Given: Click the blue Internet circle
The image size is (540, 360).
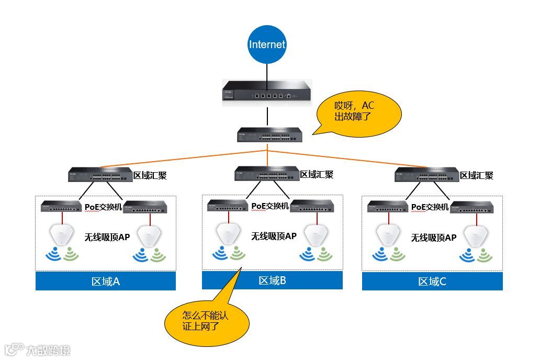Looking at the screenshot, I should point(267,44).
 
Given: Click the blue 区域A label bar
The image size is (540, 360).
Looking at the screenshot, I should point(106,282).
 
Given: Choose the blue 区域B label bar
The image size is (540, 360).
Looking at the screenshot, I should point(272,280).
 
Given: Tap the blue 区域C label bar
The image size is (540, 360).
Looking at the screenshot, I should point(432,282).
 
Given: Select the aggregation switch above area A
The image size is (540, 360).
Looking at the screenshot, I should point(100,174).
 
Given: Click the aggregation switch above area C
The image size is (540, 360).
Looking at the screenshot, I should point(426,175).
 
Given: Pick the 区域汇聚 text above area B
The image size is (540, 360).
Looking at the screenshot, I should point(317,174).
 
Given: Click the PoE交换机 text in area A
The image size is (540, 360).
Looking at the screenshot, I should point(103,207).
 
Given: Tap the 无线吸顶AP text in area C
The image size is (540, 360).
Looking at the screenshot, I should point(433,238).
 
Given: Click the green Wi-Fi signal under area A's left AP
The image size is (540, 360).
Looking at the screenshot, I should point(71,255).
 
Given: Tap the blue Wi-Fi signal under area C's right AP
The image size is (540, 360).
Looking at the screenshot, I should point(467,255).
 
